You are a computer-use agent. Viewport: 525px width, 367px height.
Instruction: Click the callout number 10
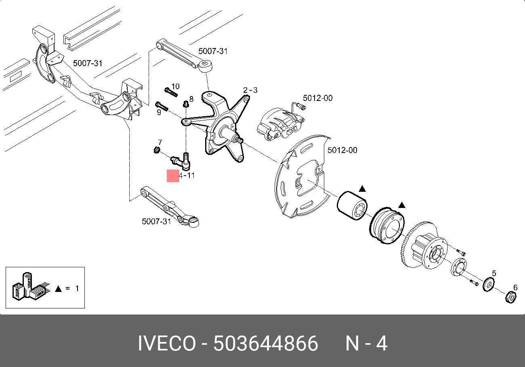[x=175, y=86]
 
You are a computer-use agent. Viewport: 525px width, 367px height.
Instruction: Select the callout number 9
[x=159, y=112]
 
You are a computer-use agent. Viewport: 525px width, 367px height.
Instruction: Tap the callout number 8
[x=191, y=99]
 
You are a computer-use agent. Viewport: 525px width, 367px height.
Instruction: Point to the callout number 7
[x=160, y=142]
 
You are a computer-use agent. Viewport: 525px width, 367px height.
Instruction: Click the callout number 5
[x=493, y=273]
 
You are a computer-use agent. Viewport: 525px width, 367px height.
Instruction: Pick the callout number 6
[x=515, y=288]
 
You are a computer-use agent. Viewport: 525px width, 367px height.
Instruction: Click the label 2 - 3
[x=250, y=90]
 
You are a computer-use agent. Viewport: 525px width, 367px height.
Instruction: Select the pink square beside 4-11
[x=173, y=176]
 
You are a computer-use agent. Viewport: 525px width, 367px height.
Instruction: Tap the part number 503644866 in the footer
[x=266, y=344]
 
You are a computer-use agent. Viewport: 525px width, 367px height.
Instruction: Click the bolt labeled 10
[x=172, y=92]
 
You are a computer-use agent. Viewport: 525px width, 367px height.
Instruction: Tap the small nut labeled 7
[x=155, y=151]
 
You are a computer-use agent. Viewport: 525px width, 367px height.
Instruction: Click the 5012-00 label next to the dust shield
[x=342, y=150]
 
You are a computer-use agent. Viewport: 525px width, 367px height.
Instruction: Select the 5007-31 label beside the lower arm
[x=157, y=221]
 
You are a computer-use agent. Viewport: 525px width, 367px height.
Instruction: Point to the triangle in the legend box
[x=58, y=289]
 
